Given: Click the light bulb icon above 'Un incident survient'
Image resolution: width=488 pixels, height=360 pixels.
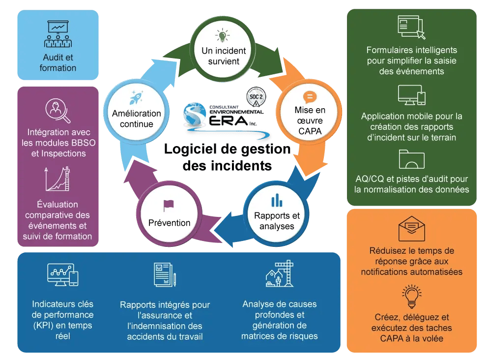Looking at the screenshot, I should pos(223,35).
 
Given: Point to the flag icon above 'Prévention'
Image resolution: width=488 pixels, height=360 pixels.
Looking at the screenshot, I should pos(169,206).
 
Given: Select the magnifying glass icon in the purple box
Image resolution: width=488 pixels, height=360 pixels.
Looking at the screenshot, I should pos(57,111).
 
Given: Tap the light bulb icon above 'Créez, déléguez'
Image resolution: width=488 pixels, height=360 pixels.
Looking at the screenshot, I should pos(411,296).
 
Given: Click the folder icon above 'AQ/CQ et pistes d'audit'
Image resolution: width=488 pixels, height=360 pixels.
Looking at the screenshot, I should pos(411,159).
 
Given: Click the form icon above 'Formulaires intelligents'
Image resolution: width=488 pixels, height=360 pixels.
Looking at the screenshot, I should pos(411,28).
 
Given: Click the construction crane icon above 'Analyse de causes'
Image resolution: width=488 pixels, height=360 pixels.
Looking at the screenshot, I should pos(279,273).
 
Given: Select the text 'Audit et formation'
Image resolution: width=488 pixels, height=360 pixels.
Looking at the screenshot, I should pos(58,62).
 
